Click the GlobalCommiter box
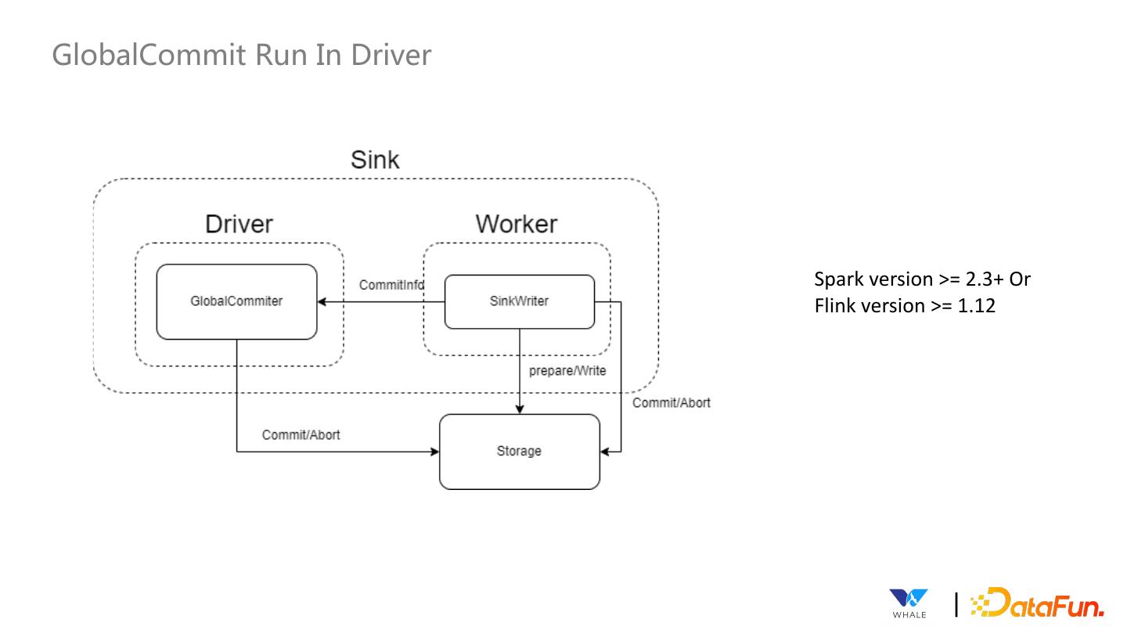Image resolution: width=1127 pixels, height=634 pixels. [236, 301]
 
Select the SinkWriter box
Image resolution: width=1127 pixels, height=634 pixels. [519, 301]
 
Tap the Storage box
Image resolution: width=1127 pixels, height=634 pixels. [519, 452]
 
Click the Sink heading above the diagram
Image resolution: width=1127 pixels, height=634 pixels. [375, 160]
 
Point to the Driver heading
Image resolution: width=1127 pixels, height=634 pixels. [239, 224]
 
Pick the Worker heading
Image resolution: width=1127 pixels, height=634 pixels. [517, 224]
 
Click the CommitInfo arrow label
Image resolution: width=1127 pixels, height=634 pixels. [391, 285]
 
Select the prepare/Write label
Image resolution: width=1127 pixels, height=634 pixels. [567, 370]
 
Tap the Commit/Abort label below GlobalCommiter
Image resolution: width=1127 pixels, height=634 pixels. [301, 434]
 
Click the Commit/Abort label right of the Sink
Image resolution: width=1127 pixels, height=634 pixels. [672, 402]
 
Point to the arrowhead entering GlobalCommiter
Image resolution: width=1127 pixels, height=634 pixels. [322, 301]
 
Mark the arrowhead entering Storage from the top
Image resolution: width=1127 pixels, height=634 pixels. [520, 409]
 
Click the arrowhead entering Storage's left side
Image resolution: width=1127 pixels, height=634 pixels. [434, 452]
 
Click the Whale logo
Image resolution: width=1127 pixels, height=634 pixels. [909, 603]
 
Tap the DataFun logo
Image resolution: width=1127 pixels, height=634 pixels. [1037, 603]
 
